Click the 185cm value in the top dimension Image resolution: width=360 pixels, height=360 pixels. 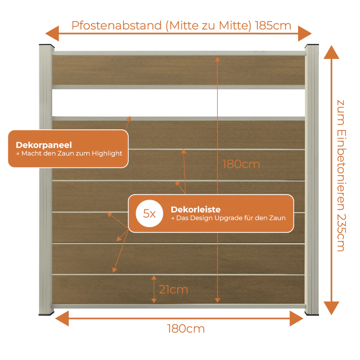273,26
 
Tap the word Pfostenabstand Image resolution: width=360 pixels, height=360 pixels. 117,26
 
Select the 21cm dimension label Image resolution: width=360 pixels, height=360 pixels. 174,289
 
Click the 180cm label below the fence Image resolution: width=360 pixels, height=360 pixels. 186,329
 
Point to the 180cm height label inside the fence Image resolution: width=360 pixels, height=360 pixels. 241,165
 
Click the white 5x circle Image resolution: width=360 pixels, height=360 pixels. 149,213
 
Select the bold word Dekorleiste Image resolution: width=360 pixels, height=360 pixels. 195,210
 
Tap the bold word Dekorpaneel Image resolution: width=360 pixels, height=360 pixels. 44,145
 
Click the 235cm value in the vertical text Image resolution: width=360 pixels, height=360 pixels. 341,233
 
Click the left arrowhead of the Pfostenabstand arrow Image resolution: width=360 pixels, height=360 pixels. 52,33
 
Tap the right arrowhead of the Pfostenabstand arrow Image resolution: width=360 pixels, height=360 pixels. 305,33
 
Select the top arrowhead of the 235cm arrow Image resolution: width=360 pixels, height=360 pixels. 331,52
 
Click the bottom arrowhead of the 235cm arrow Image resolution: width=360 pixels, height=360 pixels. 331,308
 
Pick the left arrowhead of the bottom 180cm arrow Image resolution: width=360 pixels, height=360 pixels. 62,319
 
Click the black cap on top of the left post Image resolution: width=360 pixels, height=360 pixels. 46,45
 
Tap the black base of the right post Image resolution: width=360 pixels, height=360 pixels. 312,314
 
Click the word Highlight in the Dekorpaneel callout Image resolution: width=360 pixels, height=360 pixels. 107,154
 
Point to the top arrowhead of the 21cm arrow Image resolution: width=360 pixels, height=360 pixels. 154,277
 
